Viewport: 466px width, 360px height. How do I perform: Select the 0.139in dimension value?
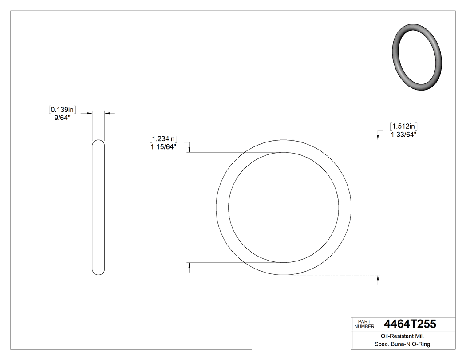pyautogui.click(x=63, y=110)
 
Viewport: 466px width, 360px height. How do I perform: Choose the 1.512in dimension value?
pyautogui.click(x=403, y=126)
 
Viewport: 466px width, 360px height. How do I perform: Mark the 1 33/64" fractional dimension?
pyautogui.click(x=403, y=135)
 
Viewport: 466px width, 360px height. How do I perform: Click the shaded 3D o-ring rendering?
pyautogui.click(x=417, y=57)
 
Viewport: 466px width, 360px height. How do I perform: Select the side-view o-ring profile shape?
pyautogui.click(x=98, y=207)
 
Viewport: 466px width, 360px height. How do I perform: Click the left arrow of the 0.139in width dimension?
pyautogui.click(x=89, y=114)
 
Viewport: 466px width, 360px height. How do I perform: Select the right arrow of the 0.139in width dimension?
pyautogui.click(x=107, y=114)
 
